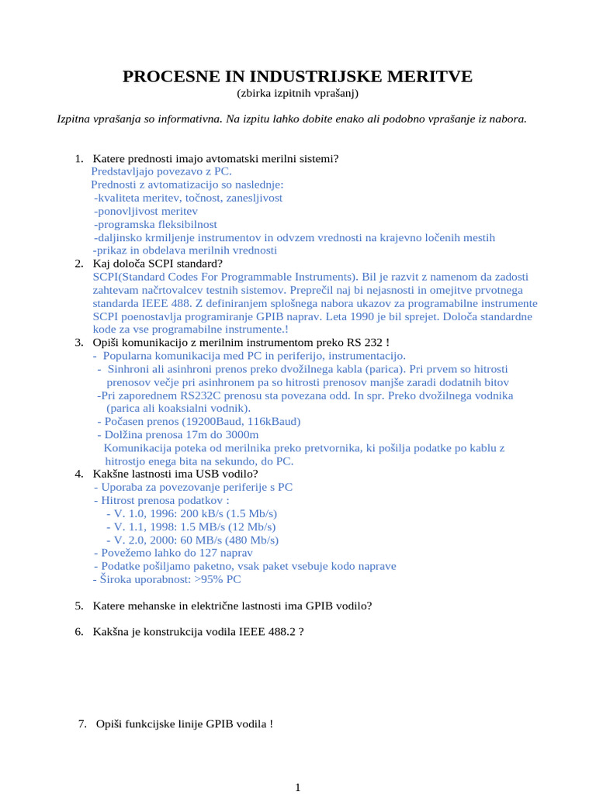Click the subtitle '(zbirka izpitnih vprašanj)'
tap(298, 93)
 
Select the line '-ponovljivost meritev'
tap(146, 211)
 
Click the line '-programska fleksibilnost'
tap(155, 224)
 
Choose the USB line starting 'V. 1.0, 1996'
tap(191, 513)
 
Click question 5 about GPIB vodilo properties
tap(232, 606)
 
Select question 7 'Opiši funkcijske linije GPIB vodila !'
tap(185, 724)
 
